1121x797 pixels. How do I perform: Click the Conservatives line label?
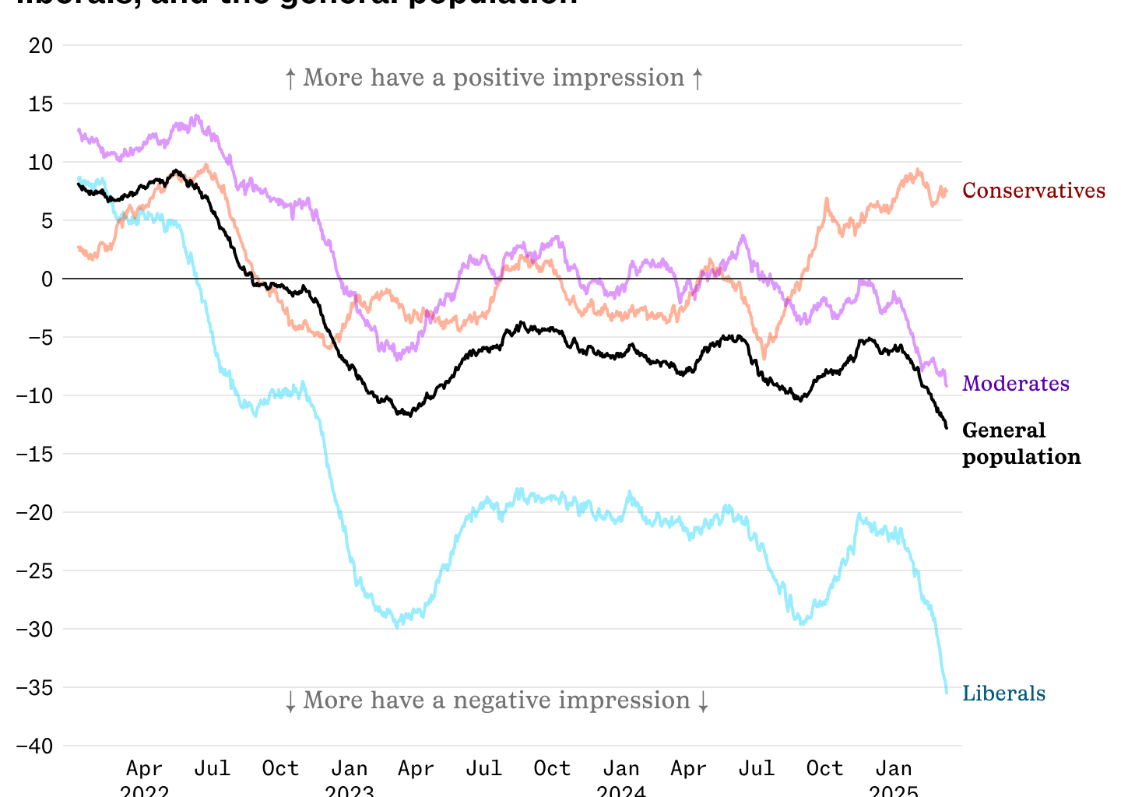[1033, 191]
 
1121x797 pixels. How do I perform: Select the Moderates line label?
[1015, 384]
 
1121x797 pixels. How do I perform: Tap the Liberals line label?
[1003, 693]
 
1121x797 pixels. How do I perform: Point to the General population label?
[1021, 444]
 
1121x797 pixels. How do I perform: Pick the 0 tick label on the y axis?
[47, 279]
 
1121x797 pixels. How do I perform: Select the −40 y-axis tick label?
[35, 746]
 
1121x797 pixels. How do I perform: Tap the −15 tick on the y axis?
[35, 454]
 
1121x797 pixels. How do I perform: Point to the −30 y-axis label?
[35, 629]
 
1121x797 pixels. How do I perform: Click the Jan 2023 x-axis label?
[350, 779]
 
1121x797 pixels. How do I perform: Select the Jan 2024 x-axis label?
[621, 779]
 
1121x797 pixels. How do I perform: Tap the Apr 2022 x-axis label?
[145, 779]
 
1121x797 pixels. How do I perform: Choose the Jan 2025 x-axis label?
[893, 779]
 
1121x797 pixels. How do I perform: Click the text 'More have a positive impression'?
[494, 78]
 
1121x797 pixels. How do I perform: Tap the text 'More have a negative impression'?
[497, 700]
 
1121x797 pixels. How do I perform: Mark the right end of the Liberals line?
[947, 693]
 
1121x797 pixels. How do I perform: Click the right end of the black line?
[947, 427]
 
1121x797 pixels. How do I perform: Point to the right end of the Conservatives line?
[946, 191]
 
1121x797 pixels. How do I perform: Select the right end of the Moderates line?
[947, 385]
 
